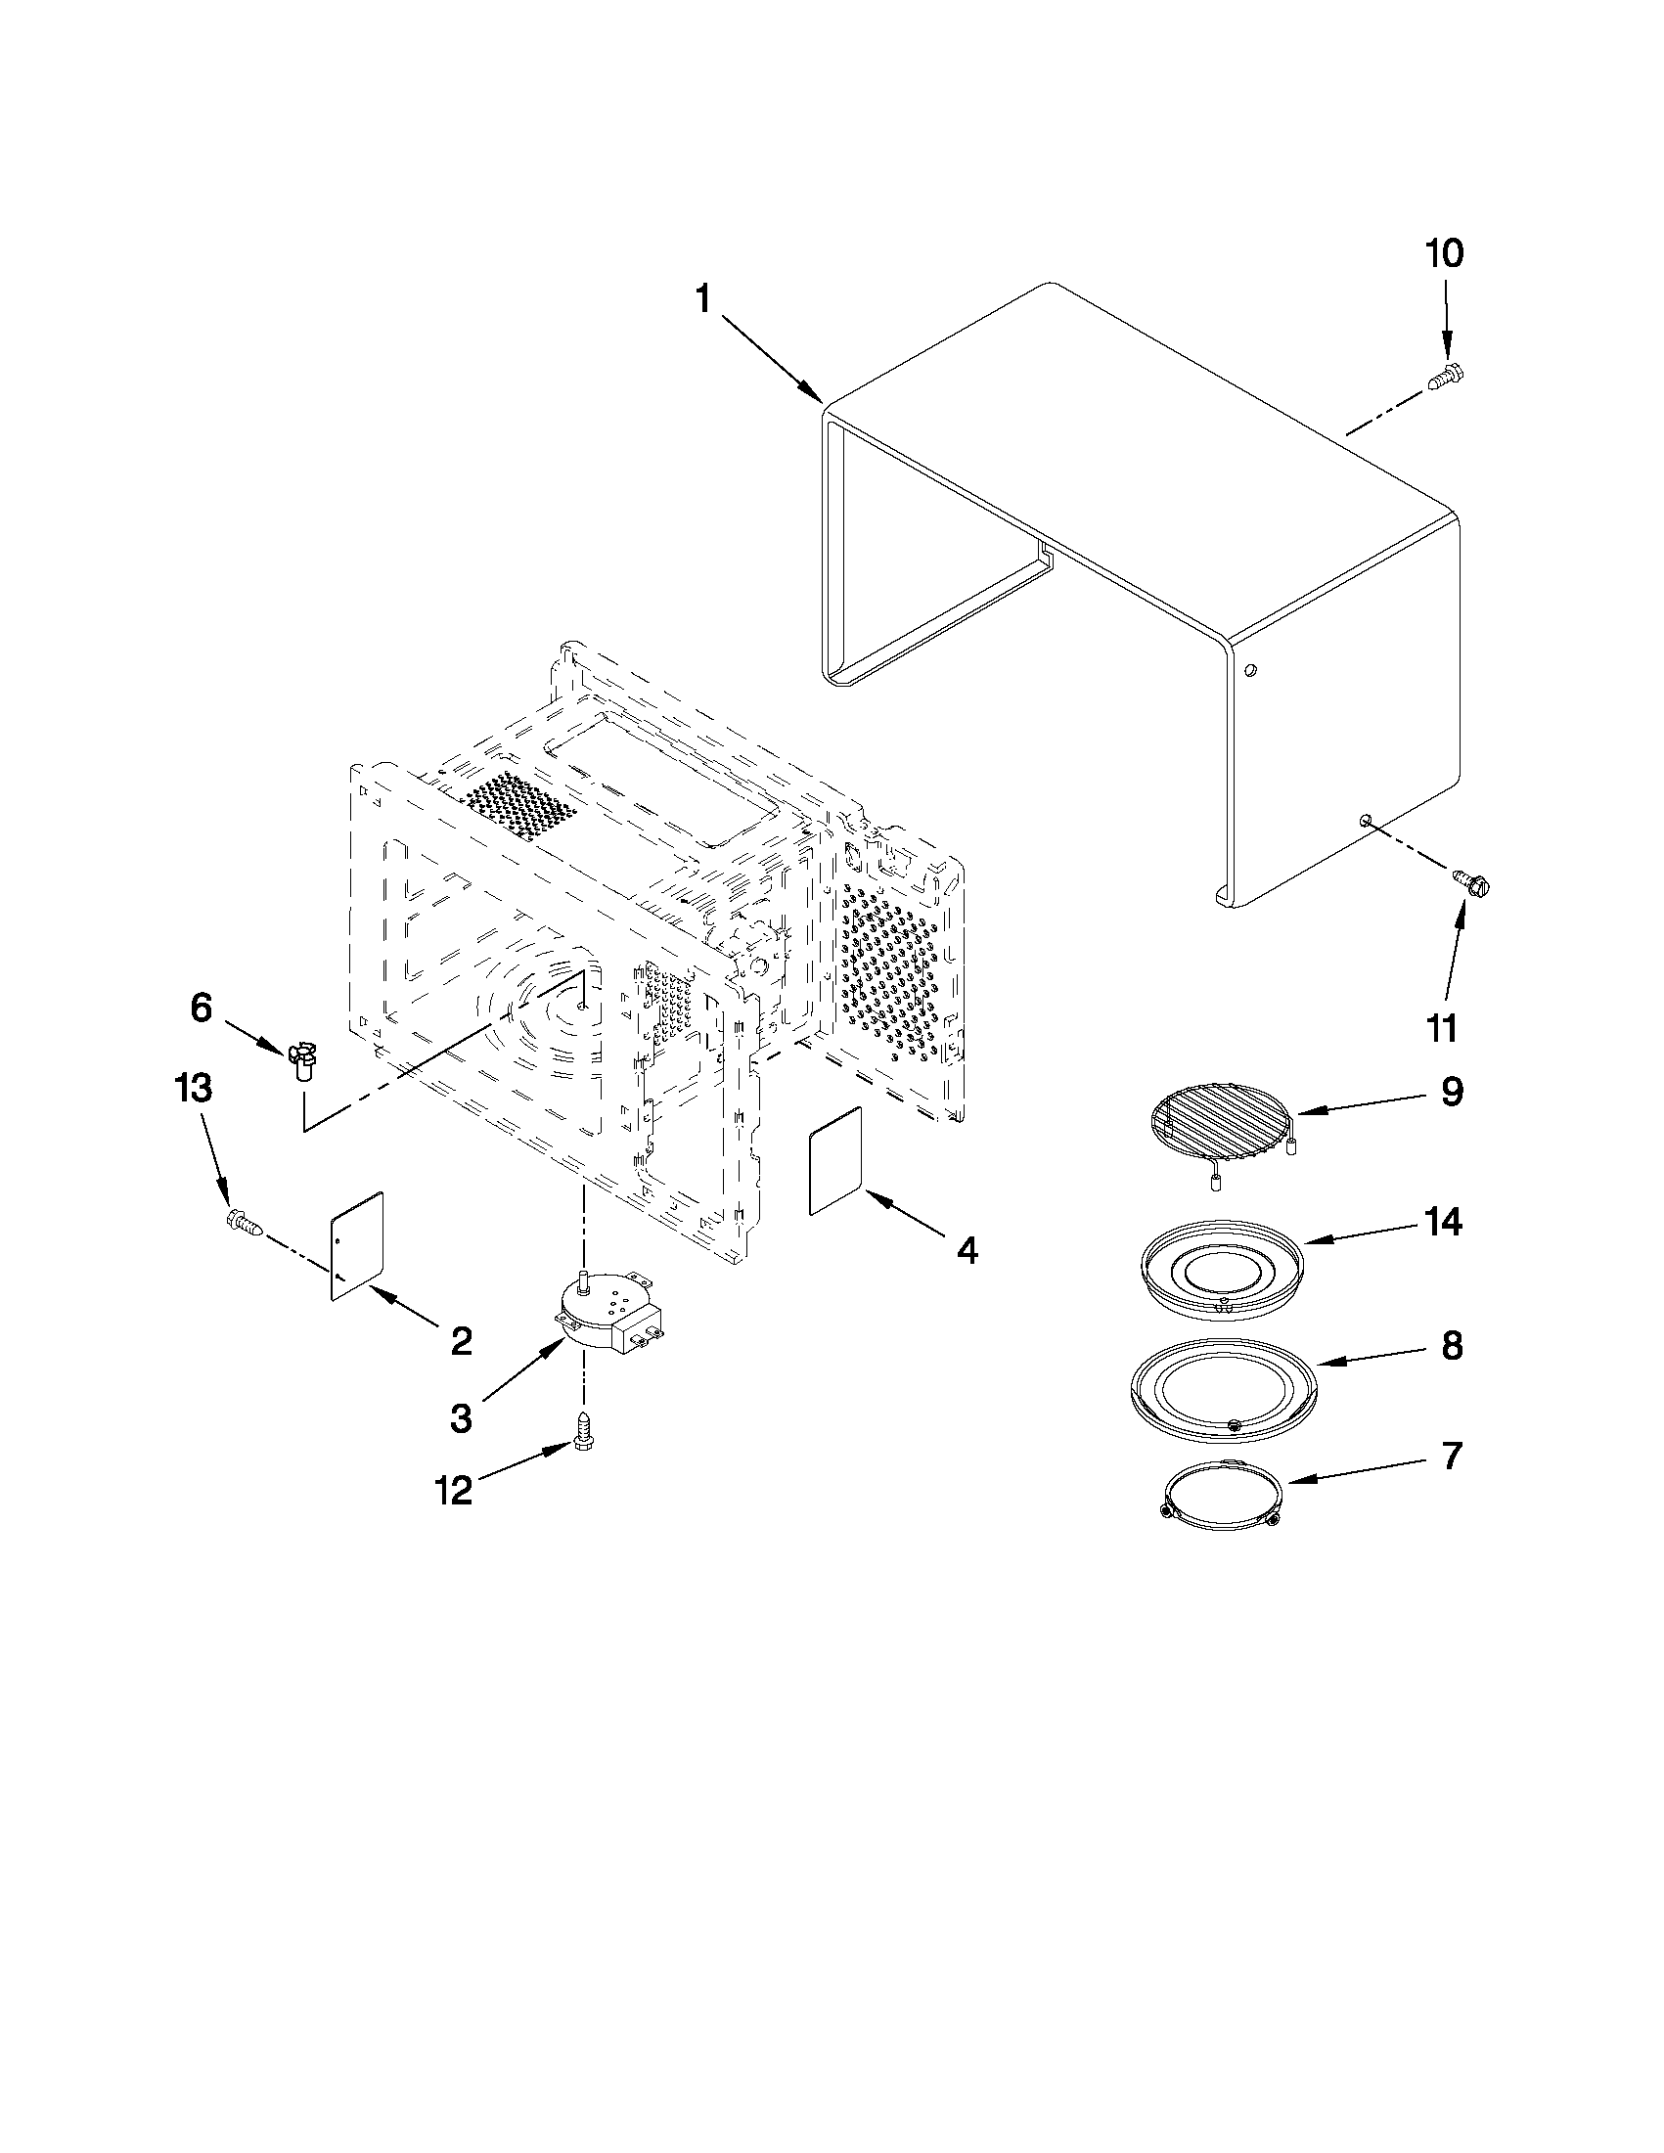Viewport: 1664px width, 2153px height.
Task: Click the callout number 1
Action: coord(702,298)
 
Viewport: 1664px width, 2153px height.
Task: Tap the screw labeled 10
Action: coord(1445,376)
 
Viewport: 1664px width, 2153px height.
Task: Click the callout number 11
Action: coord(1441,1029)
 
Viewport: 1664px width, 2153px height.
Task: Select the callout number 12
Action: coord(455,1490)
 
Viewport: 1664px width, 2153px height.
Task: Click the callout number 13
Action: coord(193,1089)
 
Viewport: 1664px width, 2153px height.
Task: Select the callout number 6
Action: coord(201,1008)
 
